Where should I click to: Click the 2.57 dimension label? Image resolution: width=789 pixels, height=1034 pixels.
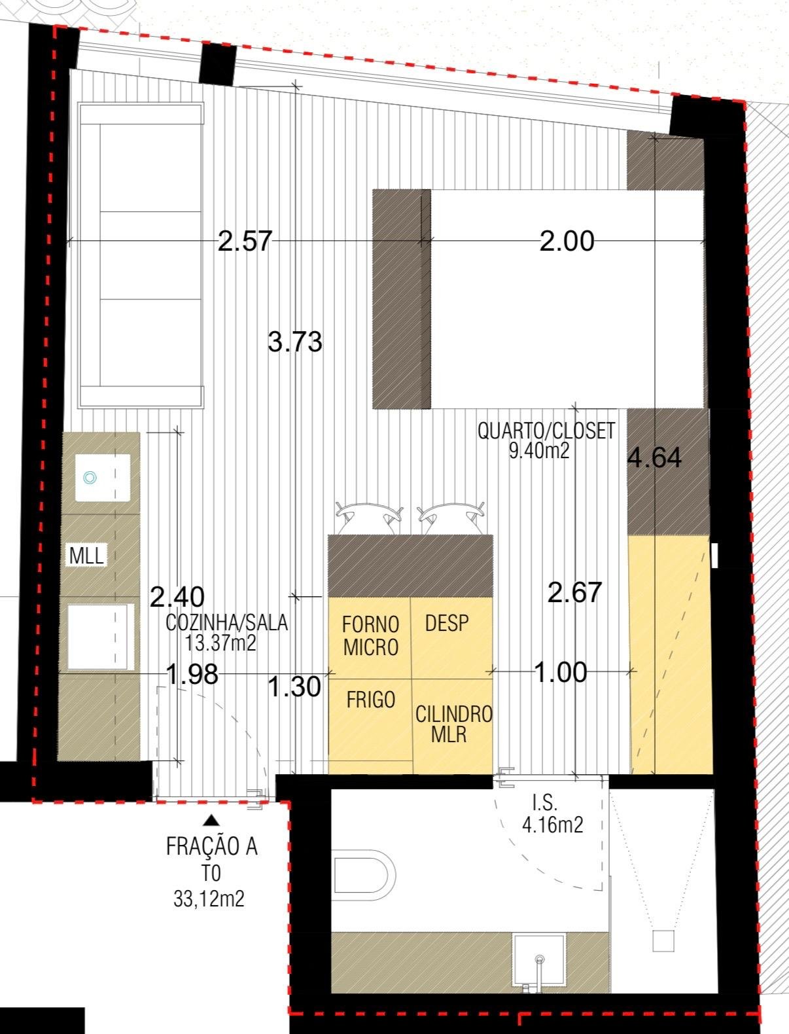[x=245, y=241]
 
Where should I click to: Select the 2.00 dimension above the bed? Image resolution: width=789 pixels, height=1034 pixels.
[x=567, y=241]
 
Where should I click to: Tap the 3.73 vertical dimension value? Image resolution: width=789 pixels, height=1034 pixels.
[x=295, y=342]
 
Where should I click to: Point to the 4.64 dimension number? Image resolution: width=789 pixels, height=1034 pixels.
[x=654, y=457]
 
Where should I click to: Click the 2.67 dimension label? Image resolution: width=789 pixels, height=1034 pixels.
[x=575, y=593]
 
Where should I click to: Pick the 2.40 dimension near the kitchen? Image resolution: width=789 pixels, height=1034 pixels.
[x=177, y=597]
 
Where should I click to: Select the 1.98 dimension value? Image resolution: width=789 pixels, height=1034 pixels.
[x=192, y=674]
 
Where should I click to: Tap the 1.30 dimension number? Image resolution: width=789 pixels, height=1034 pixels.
[x=295, y=686]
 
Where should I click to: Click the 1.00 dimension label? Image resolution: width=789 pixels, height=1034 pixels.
[x=561, y=672]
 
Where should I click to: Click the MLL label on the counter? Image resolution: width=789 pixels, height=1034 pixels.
[x=86, y=556]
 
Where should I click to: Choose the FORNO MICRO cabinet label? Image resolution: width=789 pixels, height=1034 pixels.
[x=370, y=636]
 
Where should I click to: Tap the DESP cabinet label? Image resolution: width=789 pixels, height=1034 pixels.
[x=447, y=623]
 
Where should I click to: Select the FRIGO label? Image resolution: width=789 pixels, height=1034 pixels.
[x=370, y=700]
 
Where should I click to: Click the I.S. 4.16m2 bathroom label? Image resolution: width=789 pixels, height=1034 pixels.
[x=552, y=813]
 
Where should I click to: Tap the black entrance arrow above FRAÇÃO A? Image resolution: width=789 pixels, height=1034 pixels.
[x=211, y=820]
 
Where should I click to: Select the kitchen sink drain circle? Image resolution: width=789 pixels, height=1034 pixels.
[x=90, y=478]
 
